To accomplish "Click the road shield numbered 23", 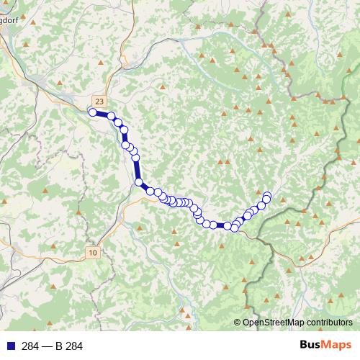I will [99, 102].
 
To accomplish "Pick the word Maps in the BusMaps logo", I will [336, 346].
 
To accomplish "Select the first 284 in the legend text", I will [30, 346].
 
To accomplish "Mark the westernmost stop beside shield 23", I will [92, 112].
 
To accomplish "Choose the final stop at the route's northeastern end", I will [267, 194].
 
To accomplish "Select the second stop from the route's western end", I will [112, 116].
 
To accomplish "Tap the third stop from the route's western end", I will [118, 122].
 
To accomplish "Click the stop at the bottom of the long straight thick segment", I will [139, 183].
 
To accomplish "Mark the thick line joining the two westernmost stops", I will [102, 114].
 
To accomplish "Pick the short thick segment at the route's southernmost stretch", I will [220, 225].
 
